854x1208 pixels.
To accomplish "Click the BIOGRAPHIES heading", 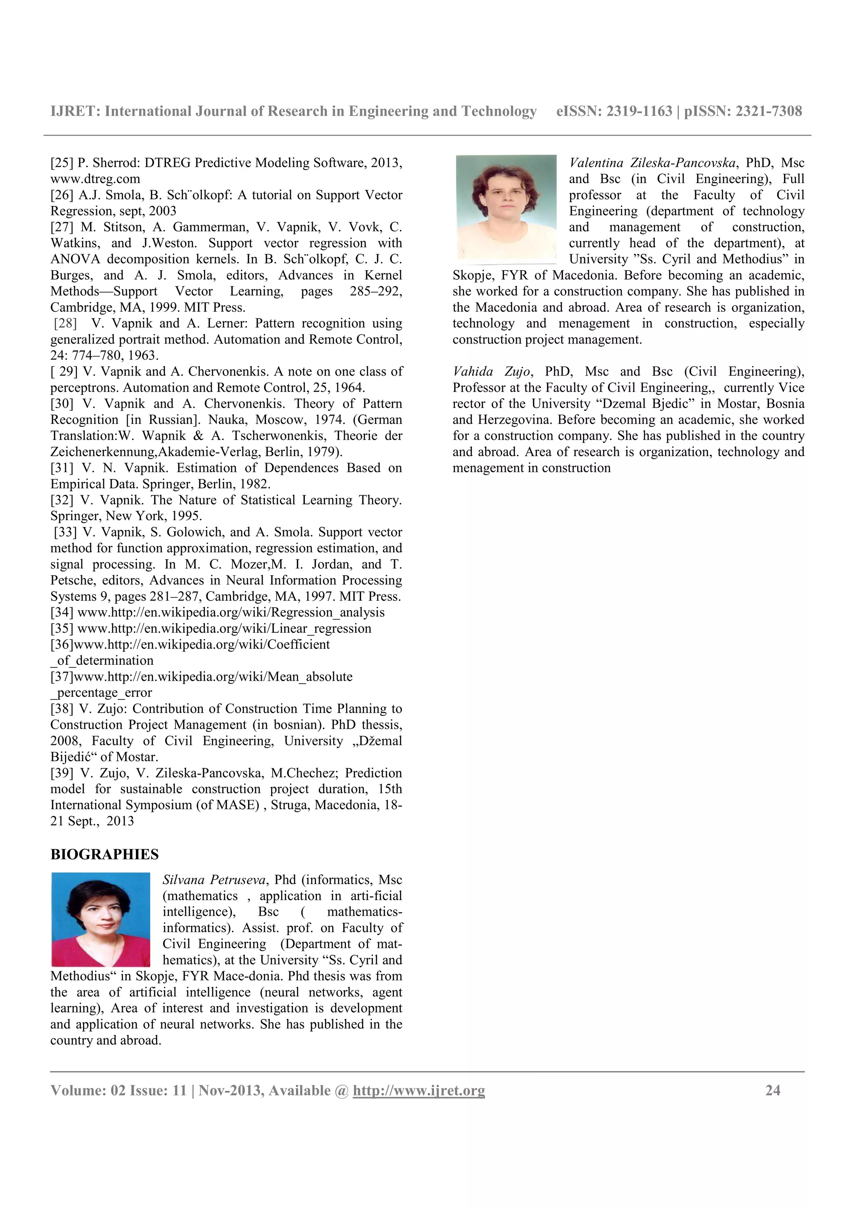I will (x=104, y=855).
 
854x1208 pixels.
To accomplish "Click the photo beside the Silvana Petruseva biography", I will (x=100, y=919).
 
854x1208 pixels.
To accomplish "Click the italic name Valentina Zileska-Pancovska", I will (x=652, y=163).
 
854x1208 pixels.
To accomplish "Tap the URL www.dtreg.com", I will (x=95, y=179).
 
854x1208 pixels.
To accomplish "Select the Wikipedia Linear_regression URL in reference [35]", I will (x=224, y=628).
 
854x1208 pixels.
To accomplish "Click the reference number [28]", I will (x=65, y=323).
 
